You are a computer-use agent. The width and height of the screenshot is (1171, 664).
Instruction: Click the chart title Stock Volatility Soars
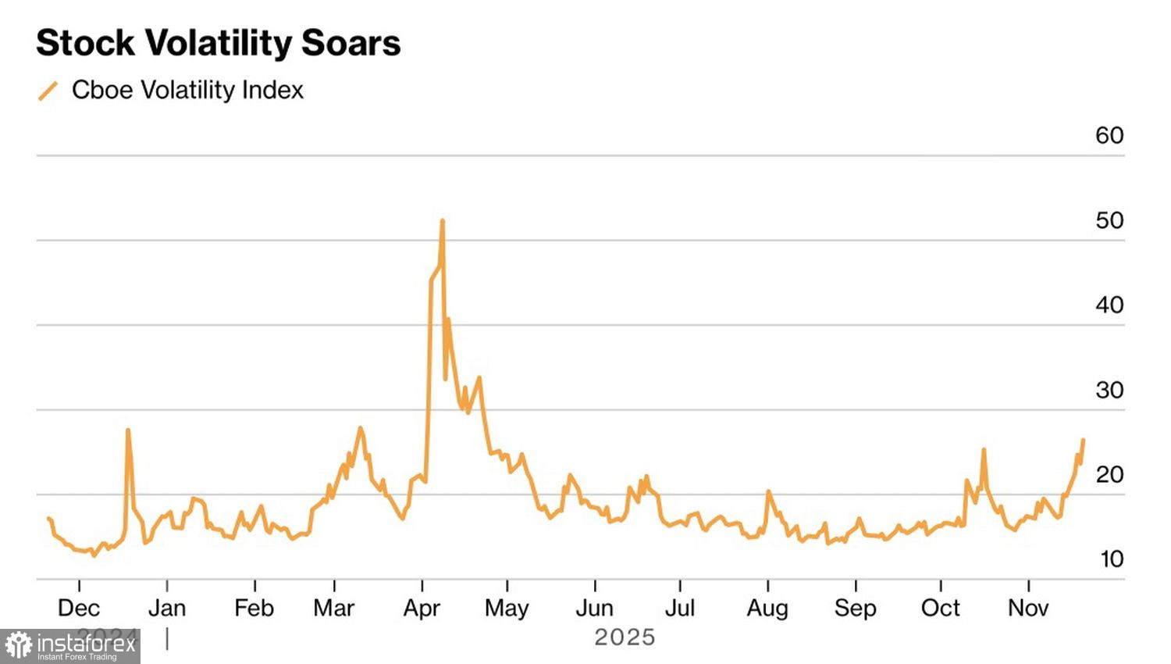tap(219, 43)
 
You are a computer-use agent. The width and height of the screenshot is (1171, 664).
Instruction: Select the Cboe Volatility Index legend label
tap(187, 90)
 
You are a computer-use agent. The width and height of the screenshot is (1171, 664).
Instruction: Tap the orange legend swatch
tap(48, 91)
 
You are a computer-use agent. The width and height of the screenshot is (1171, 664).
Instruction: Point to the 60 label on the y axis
tap(1109, 135)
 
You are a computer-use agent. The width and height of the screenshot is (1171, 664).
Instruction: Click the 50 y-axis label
tap(1109, 220)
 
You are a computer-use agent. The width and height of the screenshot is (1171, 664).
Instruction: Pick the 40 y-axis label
tap(1109, 305)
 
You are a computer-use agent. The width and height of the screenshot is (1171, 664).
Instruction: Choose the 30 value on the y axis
tap(1109, 390)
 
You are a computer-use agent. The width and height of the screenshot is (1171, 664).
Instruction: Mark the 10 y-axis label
tap(1112, 559)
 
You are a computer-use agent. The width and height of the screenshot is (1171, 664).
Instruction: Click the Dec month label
tap(79, 608)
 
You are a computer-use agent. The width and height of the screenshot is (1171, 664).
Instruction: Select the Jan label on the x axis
tap(167, 608)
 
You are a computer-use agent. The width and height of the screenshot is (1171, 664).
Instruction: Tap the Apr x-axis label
tap(422, 608)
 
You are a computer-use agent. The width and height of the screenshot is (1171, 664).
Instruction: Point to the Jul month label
tap(680, 608)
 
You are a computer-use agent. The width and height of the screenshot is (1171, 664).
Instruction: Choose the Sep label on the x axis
tap(856, 608)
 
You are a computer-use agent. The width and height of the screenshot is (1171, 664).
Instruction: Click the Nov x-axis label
tap(1028, 608)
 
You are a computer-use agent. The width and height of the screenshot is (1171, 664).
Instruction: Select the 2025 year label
tap(625, 637)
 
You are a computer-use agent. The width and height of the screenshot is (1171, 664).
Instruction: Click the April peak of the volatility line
tap(443, 221)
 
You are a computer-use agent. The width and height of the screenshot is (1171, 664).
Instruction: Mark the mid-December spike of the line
tap(128, 430)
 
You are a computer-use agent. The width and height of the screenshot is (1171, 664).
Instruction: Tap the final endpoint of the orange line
tap(1083, 440)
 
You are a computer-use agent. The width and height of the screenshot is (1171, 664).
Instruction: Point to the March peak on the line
tap(360, 427)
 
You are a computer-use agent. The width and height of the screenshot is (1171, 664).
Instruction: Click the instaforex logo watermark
tap(70, 646)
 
